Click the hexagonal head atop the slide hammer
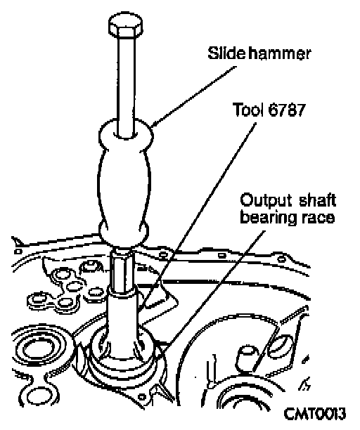(x=125, y=25)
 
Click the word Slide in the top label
(x=226, y=53)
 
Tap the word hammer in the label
(x=280, y=53)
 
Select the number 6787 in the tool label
(x=286, y=110)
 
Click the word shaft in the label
(x=317, y=200)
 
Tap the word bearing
(x=269, y=218)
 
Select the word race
(x=318, y=219)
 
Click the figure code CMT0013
(x=314, y=414)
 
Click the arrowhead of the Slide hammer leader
(x=155, y=124)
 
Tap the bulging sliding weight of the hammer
(x=125, y=181)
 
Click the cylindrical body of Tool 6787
(x=122, y=326)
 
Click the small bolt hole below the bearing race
(x=141, y=397)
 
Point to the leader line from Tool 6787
(x=198, y=216)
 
